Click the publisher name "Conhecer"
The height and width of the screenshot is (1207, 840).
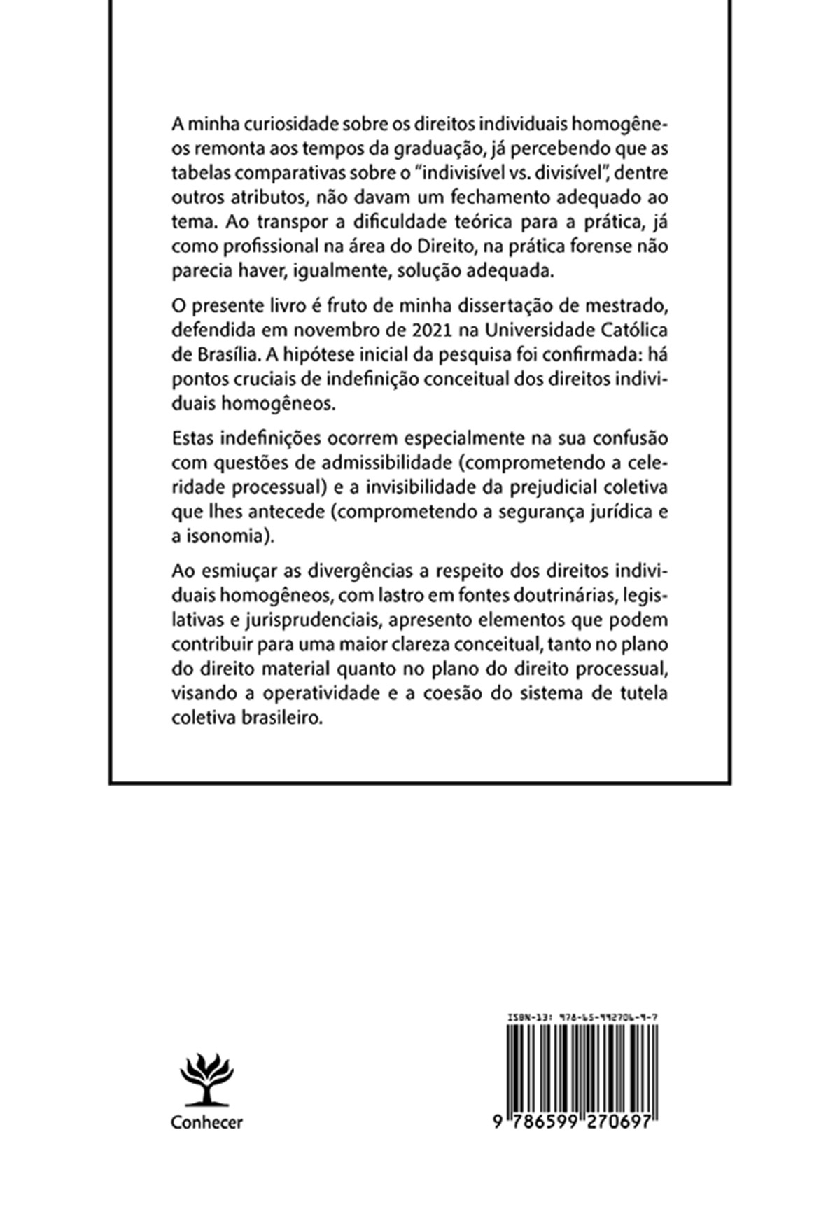[206, 1122]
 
